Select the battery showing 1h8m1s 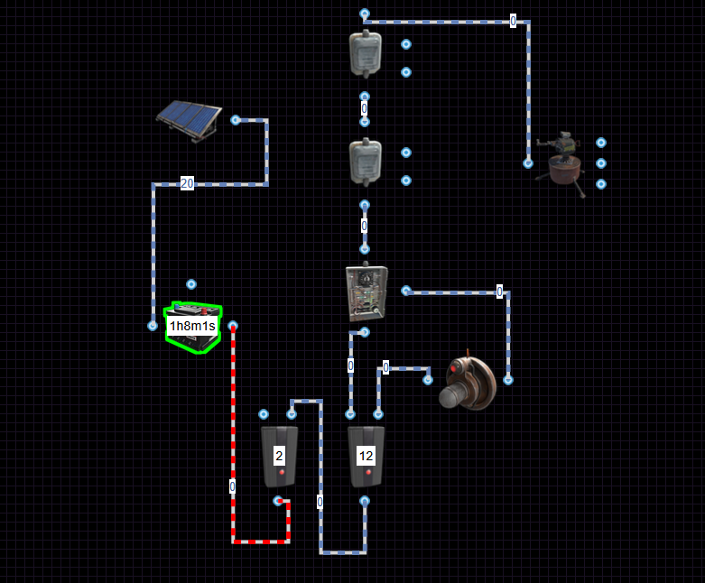coord(192,327)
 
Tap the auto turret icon coord(565,160)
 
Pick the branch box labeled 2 coord(279,457)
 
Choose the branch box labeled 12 coord(366,457)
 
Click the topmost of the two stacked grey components coord(366,53)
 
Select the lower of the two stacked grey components coord(366,162)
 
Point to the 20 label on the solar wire coord(187,184)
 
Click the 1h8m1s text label coord(192,326)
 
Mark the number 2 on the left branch coord(279,457)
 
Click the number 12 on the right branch coord(366,457)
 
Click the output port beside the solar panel coord(235,119)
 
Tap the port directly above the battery coord(191,283)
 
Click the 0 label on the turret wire coord(513,21)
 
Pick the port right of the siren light coord(507,380)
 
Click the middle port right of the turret coord(601,163)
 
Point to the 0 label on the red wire coord(232,486)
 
